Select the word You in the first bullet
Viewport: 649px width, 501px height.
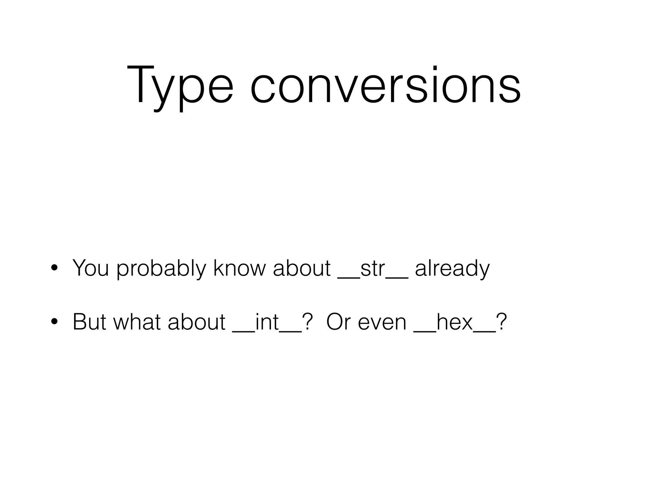[91, 268]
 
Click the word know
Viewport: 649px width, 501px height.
[239, 268]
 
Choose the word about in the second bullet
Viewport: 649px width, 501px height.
[196, 322]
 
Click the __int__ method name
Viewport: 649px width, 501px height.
[267, 322]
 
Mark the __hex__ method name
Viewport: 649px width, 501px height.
[455, 322]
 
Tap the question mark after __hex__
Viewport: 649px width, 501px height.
[502, 322]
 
